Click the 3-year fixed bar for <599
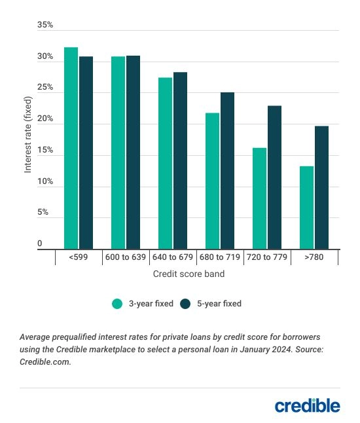point(71,148)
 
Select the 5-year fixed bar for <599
point(86,153)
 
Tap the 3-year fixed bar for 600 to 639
point(118,153)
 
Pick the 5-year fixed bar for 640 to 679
point(180,160)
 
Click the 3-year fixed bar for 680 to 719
point(212,181)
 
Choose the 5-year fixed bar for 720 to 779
point(274,177)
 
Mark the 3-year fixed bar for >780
point(306,208)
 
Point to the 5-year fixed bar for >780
point(321,187)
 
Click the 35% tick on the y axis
point(45,26)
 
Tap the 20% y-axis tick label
point(45,119)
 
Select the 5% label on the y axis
point(43,213)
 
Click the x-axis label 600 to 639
point(125,258)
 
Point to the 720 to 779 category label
point(266,258)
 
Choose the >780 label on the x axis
point(314,258)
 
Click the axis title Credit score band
point(189,274)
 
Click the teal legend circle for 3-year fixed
point(118,304)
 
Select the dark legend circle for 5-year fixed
point(185,304)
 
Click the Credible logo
point(307,406)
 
